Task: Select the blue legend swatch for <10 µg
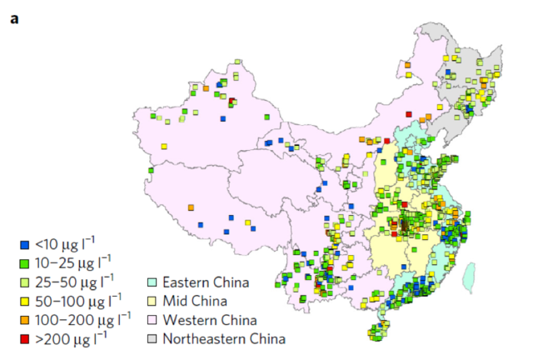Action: (x=24, y=246)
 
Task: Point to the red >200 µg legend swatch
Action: (x=24, y=338)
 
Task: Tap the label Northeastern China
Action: (x=224, y=338)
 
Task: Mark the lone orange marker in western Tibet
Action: (x=191, y=207)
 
